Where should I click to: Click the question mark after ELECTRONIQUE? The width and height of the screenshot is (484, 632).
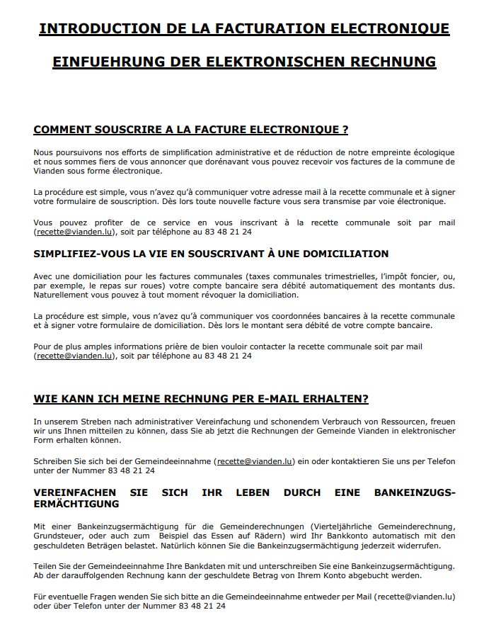click(345, 130)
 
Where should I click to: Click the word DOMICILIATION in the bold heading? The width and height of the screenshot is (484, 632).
click(339, 254)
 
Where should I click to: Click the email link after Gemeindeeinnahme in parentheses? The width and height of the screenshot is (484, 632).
click(255, 461)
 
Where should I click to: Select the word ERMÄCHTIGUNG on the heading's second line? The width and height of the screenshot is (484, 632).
click(76, 504)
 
